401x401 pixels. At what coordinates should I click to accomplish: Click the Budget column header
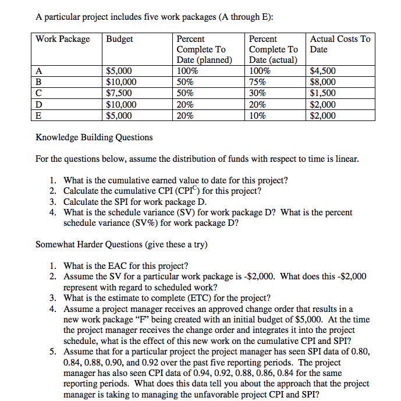[119, 39]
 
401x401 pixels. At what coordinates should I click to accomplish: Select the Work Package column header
[63, 39]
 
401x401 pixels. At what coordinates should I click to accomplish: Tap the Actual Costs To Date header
[340, 44]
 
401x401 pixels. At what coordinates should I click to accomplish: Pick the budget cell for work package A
[119, 72]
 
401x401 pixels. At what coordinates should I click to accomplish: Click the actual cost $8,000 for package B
[323, 82]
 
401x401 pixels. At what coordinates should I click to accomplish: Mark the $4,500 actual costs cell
[323, 72]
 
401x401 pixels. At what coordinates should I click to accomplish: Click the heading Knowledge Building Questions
[94, 137]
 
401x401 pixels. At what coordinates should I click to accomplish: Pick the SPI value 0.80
[358, 352]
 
